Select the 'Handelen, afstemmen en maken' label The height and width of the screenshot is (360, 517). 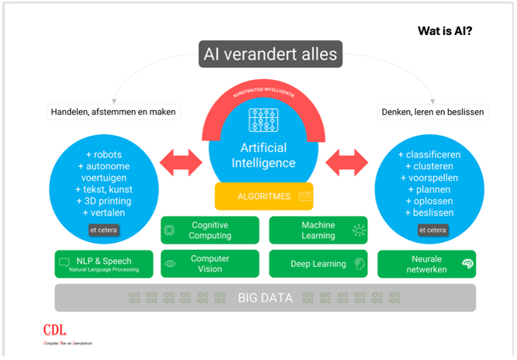(113, 112)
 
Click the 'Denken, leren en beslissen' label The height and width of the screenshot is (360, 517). (432, 112)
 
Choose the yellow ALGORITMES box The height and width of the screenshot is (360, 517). (265, 197)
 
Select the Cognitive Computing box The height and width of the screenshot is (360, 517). (210, 230)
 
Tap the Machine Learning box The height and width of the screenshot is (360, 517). (317, 230)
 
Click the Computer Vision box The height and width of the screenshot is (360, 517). (210, 264)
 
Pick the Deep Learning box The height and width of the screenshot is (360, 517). (317, 264)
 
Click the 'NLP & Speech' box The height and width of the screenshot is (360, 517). (102, 264)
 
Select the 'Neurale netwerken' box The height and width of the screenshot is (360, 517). (426, 264)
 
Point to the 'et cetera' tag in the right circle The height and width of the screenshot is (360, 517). (433, 230)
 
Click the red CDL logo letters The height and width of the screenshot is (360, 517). (55, 328)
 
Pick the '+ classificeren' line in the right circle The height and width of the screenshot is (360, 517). (429, 154)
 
